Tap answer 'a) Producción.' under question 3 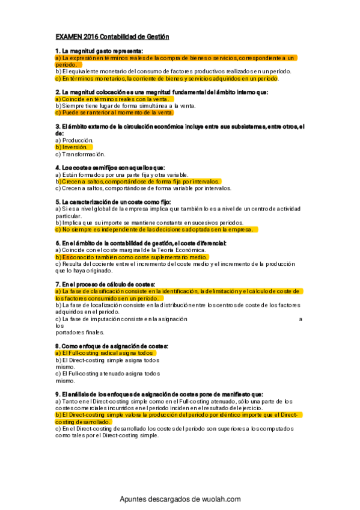coord(75,140)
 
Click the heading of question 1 coord(103,51)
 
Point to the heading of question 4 coord(109,167)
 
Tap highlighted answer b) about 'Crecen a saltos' coord(138,181)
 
